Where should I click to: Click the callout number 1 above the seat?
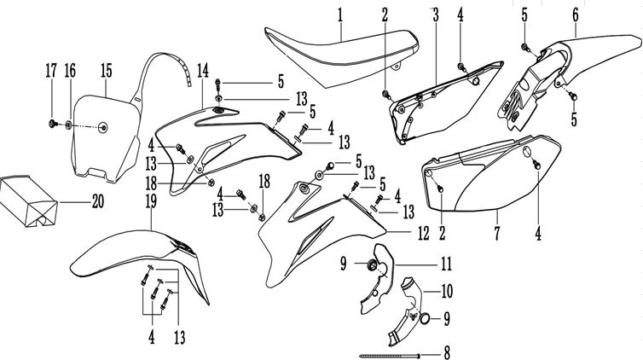pyautogui.click(x=340, y=16)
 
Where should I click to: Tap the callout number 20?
pyautogui.click(x=97, y=201)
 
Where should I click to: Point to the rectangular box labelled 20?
pyautogui.click(x=29, y=201)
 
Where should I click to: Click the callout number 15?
pyautogui.click(x=107, y=71)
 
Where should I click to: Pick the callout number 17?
pyautogui.click(x=51, y=71)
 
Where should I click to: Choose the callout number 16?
pyautogui.click(x=70, y=71)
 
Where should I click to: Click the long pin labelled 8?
pyautogui.click(x=390, y=355)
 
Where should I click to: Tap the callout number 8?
pyautogui.click(x=447, y=352)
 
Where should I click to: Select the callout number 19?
pyautogui.click(x=151, y=201)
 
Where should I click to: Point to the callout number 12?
pyautogui.click(x=423, y=233)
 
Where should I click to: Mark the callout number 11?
pyautogui.click(x=446, y=264)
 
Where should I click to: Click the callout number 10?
pyautogui.click(x=447, y=292)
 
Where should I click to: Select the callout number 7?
pyautogui.click(x=497, y=233)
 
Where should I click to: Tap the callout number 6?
pyautogui.click(x=576, y=15)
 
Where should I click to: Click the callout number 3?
pyautogui.click(x=436, y=15)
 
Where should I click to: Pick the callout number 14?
pyautogui.click(x=203, y=71)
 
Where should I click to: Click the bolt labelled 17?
pyautogui.click(x=52, y=123)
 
